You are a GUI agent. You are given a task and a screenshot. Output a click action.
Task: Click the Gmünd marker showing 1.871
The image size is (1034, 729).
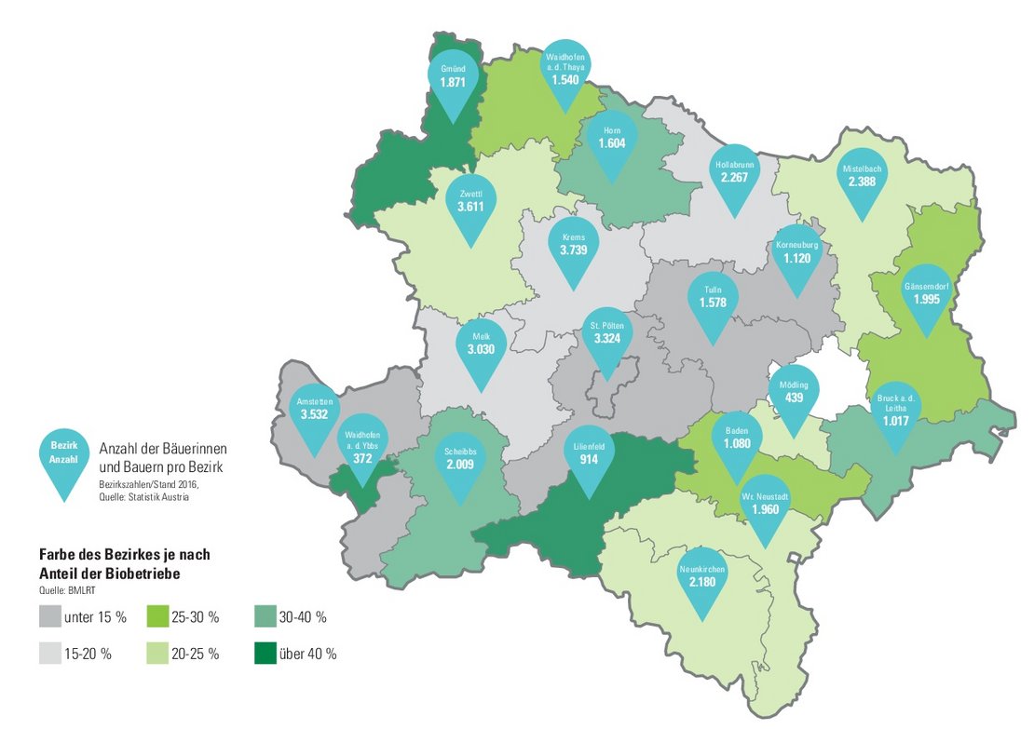(452, 78)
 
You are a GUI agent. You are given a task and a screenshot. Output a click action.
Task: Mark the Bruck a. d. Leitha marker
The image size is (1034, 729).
(895, 411)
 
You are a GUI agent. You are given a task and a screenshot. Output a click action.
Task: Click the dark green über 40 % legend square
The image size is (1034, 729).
(265, 654)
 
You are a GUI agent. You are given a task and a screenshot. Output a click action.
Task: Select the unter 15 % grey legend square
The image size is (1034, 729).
(50, 616)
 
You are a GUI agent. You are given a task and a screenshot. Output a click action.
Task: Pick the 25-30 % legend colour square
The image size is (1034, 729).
(158, 616)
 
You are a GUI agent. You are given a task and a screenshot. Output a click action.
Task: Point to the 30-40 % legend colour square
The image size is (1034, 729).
(265, 616)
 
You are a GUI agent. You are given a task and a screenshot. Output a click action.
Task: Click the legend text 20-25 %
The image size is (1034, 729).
(195, 654)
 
